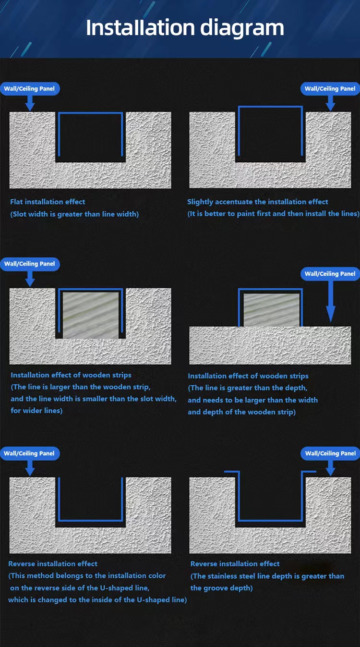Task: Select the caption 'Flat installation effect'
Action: [x=48, y=202]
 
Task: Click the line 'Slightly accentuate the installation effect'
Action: [x=257, y=202]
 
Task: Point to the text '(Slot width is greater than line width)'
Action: [x=74, y=214]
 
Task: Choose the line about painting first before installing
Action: [x=274, y=214]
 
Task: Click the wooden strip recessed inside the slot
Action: [x=91, y=315]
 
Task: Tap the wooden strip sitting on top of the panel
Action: [x=271, y=310]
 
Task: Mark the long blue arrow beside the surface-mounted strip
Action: [x=331, y=301]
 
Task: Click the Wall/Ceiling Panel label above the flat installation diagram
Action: [x=30, y=89]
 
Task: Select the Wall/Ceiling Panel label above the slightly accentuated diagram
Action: [x=330, y=89]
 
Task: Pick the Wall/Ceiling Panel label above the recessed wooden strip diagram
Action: [x=30, y=264]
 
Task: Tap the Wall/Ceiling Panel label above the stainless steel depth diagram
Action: [x=330, y=453]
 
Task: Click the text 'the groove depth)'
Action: [x=221, y=588]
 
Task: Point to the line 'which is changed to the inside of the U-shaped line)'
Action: [x=97, y=600]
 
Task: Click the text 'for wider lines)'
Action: [x=36, y=411]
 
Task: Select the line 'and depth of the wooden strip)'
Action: [x=241, y=412]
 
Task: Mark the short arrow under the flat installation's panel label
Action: [x=30, y=103]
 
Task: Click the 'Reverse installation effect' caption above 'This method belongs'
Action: [x=53, y=563]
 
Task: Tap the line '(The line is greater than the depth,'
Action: [x=247, y=388]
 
